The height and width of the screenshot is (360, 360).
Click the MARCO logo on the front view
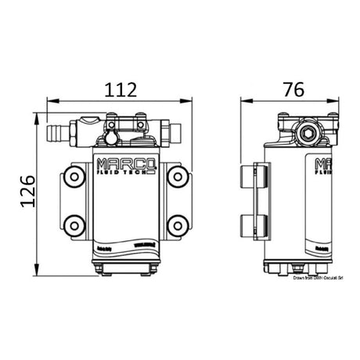pyautogui.click(x=125, y=165)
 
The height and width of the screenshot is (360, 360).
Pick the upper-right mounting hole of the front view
pyautogui.click(x=178, y=176)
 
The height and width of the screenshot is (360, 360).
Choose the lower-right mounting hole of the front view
pyautogui.click(x=178, y=226)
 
